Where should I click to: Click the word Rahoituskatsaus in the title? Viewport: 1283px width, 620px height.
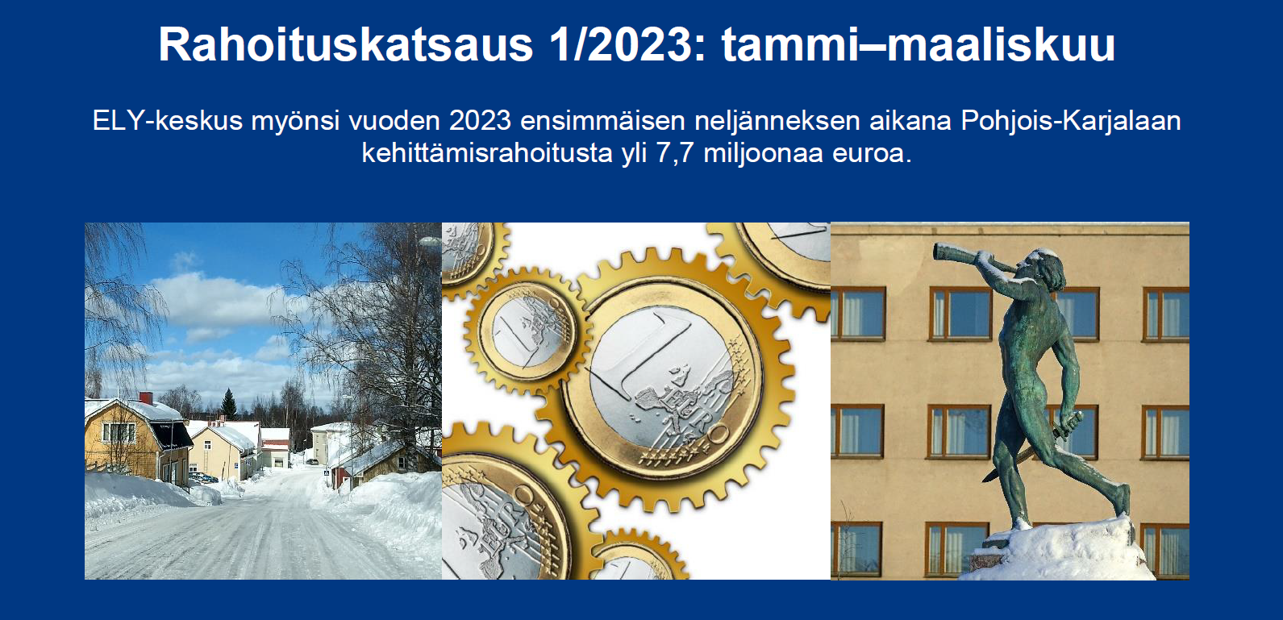(346, 44)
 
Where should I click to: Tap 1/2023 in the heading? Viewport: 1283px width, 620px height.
(622, 44)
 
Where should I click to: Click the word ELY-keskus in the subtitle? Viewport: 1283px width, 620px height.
(167, 122)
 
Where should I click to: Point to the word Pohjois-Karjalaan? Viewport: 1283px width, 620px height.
(1070, 122)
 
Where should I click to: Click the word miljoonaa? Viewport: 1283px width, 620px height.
(763, 154)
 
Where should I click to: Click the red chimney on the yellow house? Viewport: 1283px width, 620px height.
(146, 398)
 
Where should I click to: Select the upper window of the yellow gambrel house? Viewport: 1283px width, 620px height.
(118, 432)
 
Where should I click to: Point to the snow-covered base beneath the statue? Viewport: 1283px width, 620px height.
(1056, 550)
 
